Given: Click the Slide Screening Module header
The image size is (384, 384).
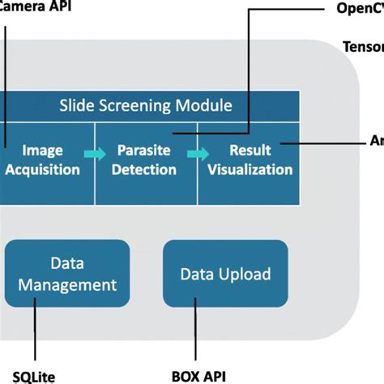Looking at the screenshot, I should tap(146, 105).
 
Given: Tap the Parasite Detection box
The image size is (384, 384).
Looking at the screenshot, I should tap(147, 160).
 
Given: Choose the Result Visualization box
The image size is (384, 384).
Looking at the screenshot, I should tap(249, 160).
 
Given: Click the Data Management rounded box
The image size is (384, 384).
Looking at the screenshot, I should tap(68, 275).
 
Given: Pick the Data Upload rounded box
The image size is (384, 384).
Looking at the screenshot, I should tap(225, 274).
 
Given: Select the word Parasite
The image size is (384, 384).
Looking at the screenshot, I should tap(147, 151).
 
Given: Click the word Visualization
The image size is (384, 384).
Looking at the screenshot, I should tap(249, 170).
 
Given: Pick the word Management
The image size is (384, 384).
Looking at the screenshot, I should tap(68, 284).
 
